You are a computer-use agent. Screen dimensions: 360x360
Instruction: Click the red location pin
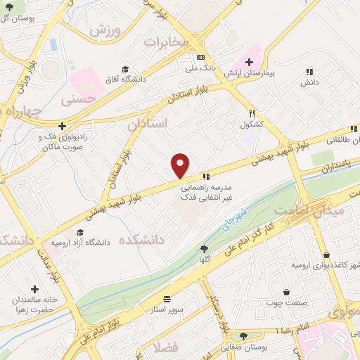181,166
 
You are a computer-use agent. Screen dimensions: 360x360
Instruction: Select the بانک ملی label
201,68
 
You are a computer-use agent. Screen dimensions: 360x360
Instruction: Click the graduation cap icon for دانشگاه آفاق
125,69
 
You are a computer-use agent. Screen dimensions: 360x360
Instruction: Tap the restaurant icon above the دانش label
309,71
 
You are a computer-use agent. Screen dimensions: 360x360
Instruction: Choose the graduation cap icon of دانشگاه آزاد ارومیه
80,232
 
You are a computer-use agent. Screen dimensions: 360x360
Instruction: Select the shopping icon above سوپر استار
167,298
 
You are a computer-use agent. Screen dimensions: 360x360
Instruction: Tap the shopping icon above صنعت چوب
286,292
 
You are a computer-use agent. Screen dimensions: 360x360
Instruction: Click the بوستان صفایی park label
243,346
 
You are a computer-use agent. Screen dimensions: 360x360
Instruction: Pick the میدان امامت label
336,210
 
